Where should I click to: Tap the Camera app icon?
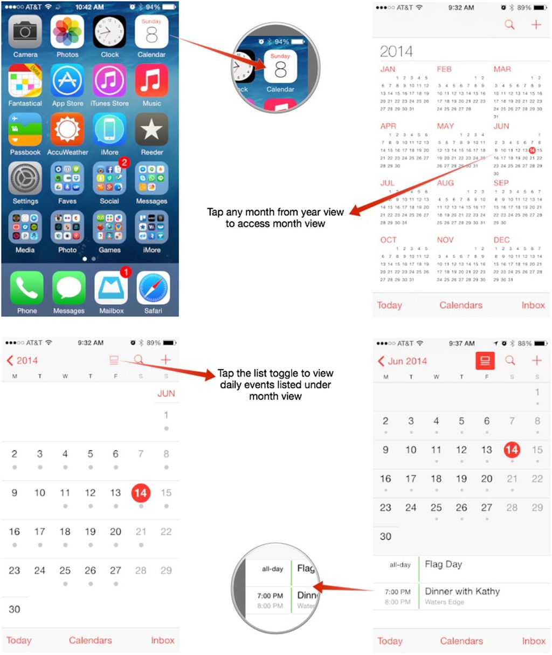point(25,32)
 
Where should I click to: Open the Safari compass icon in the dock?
point(153,288)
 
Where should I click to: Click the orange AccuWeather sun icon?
point(67,130)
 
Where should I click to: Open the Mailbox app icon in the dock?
point(111,288)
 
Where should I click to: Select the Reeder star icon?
point(151,130)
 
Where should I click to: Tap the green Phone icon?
point(26,288)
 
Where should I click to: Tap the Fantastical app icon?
point(25,81)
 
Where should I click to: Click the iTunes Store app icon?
point(109,81)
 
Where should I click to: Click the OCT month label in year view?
point(388,240)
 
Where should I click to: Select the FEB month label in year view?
point(444,69)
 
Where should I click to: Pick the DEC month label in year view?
point(501,240)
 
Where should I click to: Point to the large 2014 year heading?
point(396,52)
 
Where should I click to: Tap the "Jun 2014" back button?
point(403,361)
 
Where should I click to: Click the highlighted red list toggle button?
point(485,361)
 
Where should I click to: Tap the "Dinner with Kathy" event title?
point(462,591)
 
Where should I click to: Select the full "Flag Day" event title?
point(443,564)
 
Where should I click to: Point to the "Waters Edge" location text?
point(444,602)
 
